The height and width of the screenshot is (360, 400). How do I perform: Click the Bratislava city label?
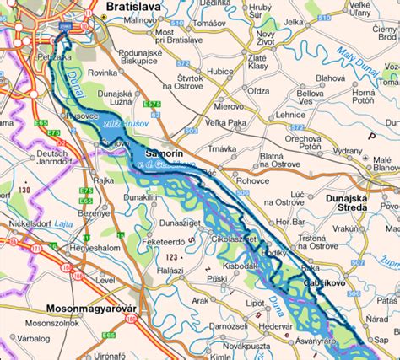pyautogui.click(x=133, y=7)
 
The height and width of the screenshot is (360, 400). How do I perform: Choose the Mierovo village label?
pyautogui.click(x=228, y=107)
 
